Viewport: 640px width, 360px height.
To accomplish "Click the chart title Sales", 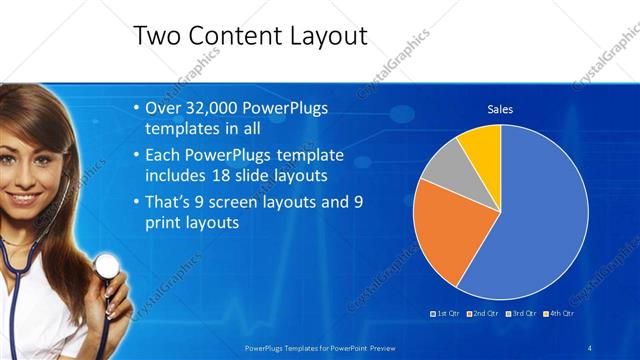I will coord(500,109).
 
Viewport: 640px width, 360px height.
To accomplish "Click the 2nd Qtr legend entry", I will coord(485,313).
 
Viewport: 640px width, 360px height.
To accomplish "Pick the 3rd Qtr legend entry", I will coord(523,313).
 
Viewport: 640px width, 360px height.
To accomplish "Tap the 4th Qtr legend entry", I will coord(560,313).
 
